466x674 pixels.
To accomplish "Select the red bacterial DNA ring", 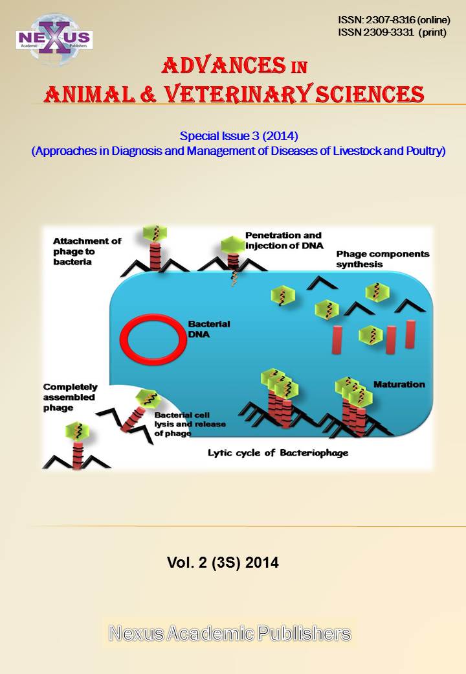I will tap(151, 340).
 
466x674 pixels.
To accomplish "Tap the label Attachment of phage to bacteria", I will tap(86, 251).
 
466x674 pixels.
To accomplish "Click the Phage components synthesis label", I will tap(382, 259).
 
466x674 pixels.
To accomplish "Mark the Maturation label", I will tap(399, 384).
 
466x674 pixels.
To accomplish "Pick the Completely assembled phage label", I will tap(69, 397).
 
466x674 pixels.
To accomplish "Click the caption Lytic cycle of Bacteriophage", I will tap(278, 453).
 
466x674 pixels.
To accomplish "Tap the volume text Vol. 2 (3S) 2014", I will tap(223, 563).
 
